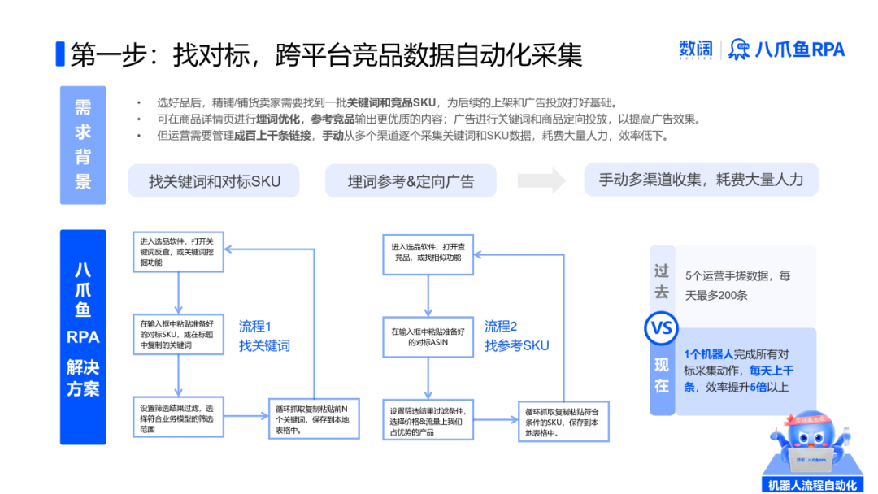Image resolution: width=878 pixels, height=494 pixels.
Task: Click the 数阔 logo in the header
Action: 695,50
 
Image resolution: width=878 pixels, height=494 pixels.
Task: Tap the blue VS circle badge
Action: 661,328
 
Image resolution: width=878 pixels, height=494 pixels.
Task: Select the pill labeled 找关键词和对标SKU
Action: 214,180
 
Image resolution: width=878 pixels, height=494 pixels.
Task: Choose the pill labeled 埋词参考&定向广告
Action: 411,180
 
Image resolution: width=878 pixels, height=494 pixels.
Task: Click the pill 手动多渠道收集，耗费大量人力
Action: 701,180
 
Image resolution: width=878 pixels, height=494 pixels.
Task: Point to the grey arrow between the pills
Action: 541,180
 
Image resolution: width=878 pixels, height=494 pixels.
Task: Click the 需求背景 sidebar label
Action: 83,145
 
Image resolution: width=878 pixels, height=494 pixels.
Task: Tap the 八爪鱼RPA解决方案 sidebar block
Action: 83,336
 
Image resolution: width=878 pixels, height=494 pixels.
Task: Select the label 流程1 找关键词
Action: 264,336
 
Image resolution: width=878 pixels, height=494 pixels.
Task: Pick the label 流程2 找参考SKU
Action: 516,336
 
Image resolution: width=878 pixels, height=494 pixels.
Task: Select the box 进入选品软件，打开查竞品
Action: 428,252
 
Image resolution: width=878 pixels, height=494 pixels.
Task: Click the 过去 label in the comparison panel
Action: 662,280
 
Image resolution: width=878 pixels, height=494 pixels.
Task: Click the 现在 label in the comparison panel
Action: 662,375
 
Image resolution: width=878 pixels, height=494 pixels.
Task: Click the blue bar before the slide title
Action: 59,54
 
